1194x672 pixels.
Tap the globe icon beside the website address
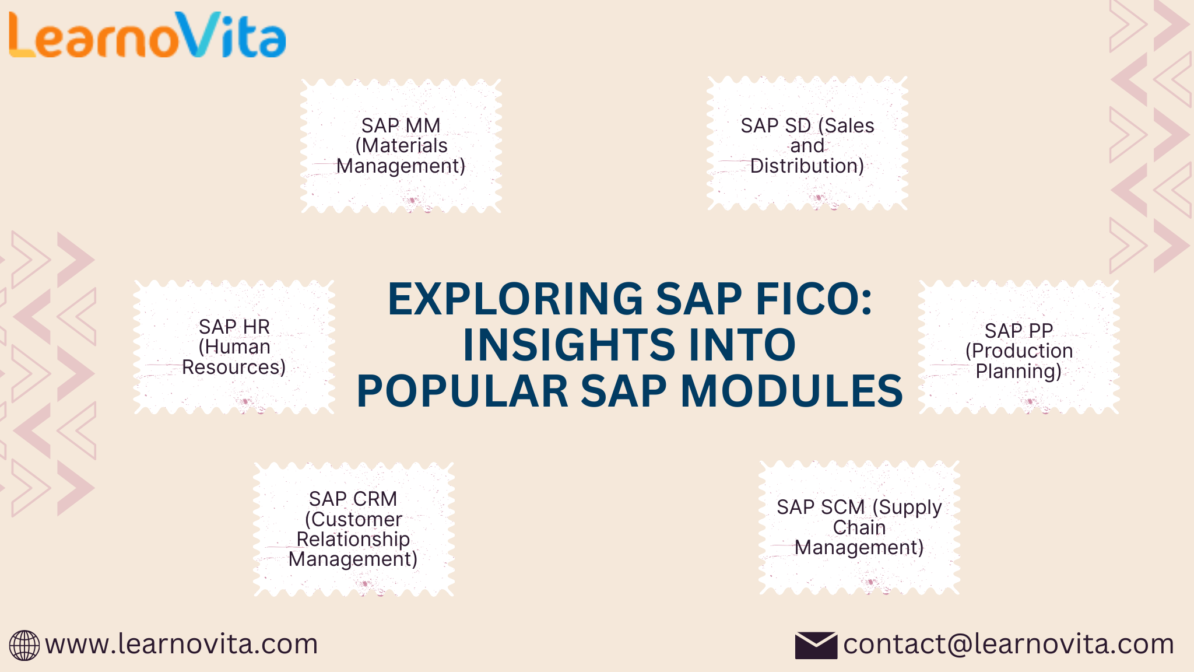click(24, 645)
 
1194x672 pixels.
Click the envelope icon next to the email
click(816, 645)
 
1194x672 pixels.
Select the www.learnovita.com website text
click(181, 644)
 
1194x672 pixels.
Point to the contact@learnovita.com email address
click(1008, 644)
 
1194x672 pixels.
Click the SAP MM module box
click(401, 146)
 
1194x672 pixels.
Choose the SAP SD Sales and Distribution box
click(807, 143)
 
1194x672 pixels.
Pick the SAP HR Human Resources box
click(234, 347)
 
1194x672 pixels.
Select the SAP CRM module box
click(353, 529)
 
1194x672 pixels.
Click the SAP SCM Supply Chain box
click(859, 527)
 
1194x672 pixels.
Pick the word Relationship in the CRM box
click(353, 539)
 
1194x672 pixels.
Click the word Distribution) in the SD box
click(807, 166)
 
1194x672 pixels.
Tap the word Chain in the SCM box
click(859, 527)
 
